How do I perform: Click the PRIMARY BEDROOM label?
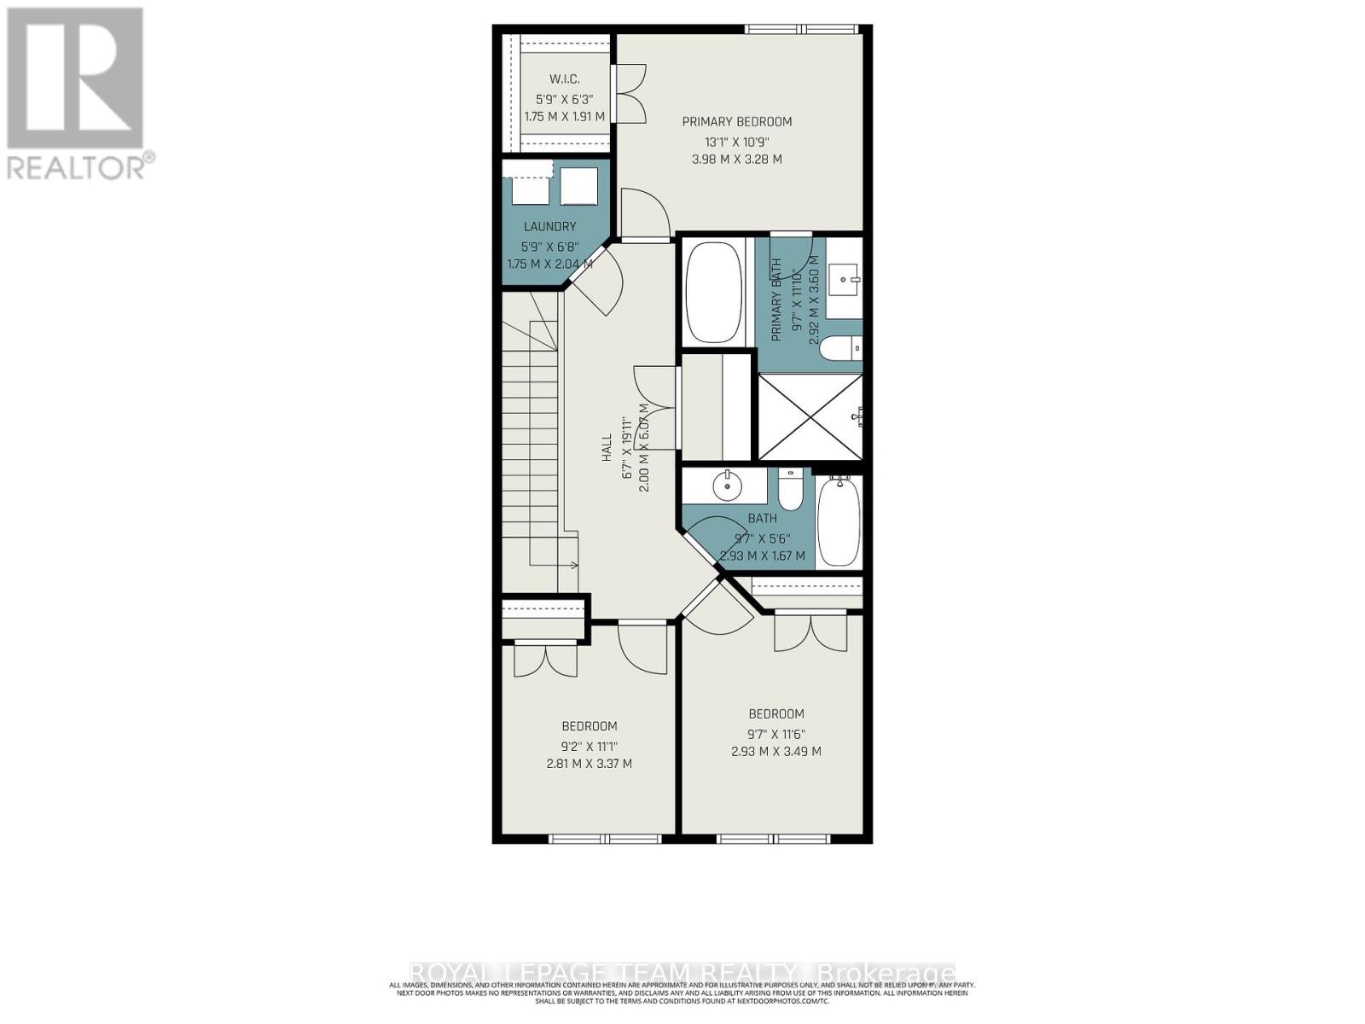click(x=737, y=122)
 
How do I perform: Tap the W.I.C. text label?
click(x=565, y=79)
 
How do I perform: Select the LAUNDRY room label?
click(x=549, y=227)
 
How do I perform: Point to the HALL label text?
click(x=607, y=447)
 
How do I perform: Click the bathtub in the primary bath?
click(x=714, y=293)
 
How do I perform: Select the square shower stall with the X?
click(x=810, y=417)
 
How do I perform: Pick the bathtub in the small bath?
click(x=839, y=522)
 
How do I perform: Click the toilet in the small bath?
click(x=790, y=492)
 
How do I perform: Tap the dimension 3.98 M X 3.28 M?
click(x=737, y=160)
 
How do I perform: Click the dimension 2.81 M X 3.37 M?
click(x=589, y=764)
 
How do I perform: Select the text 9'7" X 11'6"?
click(x=775, y=734)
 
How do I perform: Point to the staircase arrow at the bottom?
click(x=572, y=565)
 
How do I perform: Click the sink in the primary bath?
click(x=845, y=278)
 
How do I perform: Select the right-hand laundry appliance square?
click(x=578, y=186)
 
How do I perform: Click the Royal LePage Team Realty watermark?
click(x=682, y=973)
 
